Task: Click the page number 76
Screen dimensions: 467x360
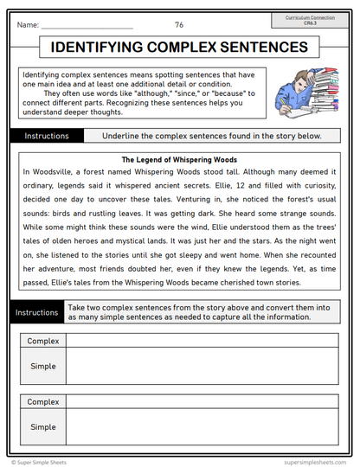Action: click(x=179, y=25)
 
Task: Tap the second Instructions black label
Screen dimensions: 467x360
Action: click(x=35, y=311)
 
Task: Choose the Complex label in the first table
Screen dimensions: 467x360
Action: click(x=43, y=342)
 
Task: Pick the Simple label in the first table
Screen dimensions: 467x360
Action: click(x=43, y=367)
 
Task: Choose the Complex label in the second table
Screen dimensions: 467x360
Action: click(x=43, y=402)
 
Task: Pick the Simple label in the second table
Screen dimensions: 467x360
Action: click(x=43, y=427)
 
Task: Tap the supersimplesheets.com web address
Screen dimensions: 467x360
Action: click(x=312, y=463)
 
